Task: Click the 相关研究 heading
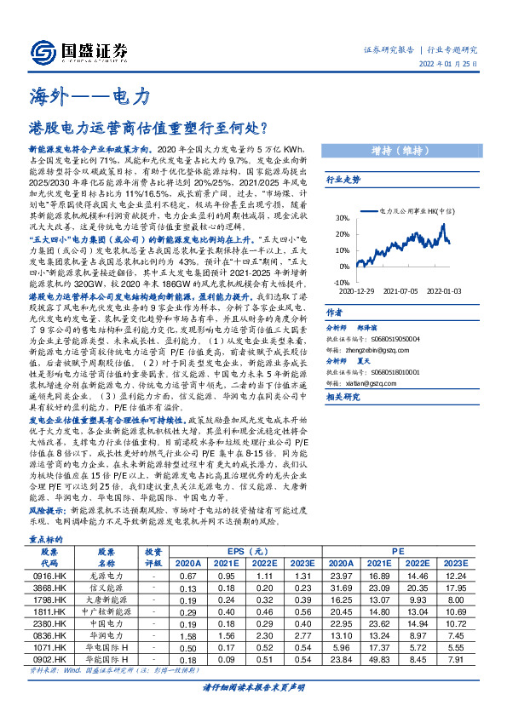pyautogui.click(x=343, y=398)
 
